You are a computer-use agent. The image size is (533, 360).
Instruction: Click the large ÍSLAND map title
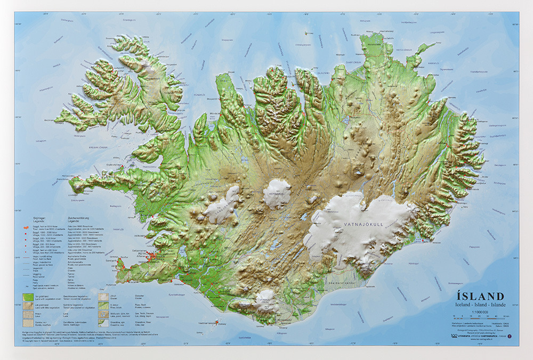coord(479,297)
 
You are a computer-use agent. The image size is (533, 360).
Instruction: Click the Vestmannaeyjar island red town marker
coord(216,322)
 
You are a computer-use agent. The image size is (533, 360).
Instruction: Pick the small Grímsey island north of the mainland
coord(308,33)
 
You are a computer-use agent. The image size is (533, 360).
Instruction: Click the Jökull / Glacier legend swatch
coord(104,296)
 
